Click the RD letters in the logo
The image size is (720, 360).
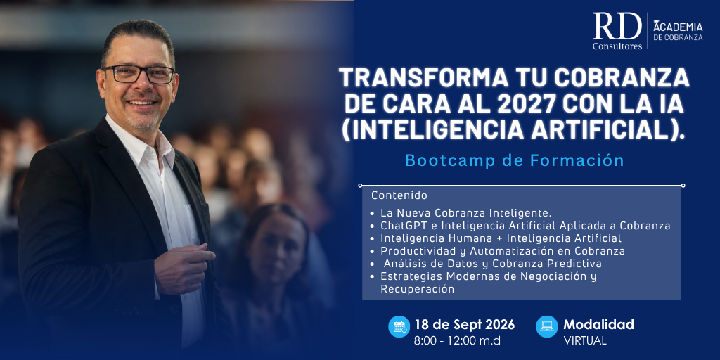(617, 26)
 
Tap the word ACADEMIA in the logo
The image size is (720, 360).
(678, 27)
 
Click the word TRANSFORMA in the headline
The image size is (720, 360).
(423, 78)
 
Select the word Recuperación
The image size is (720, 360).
(418, 289)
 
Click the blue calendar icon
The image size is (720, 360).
(399, 326)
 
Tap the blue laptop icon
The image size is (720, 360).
(547, 326)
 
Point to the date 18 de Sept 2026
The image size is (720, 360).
(465, 325)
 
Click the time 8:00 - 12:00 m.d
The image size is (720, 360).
(457, 341)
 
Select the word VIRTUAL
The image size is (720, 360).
(585, 341)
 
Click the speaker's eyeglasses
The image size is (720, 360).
(139, 74)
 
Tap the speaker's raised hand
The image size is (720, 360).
(184, 268)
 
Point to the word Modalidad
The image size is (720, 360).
(599, 324)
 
